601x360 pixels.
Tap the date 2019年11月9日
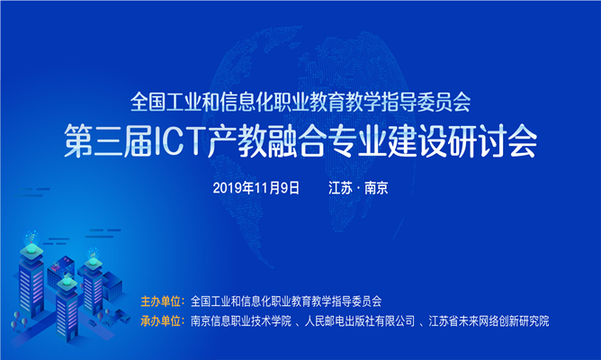256,188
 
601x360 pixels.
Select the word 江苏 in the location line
340,188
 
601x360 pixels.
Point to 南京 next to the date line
376,188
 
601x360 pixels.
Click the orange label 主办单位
161,301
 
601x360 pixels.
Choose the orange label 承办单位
161,321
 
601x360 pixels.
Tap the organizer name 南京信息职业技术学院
241,321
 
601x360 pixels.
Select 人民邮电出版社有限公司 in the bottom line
360,321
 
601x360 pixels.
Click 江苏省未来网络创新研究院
489,321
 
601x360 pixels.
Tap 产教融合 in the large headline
267,141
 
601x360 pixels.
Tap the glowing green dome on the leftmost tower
31,249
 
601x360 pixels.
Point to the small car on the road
93,322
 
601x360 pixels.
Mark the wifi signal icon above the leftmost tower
31,238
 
